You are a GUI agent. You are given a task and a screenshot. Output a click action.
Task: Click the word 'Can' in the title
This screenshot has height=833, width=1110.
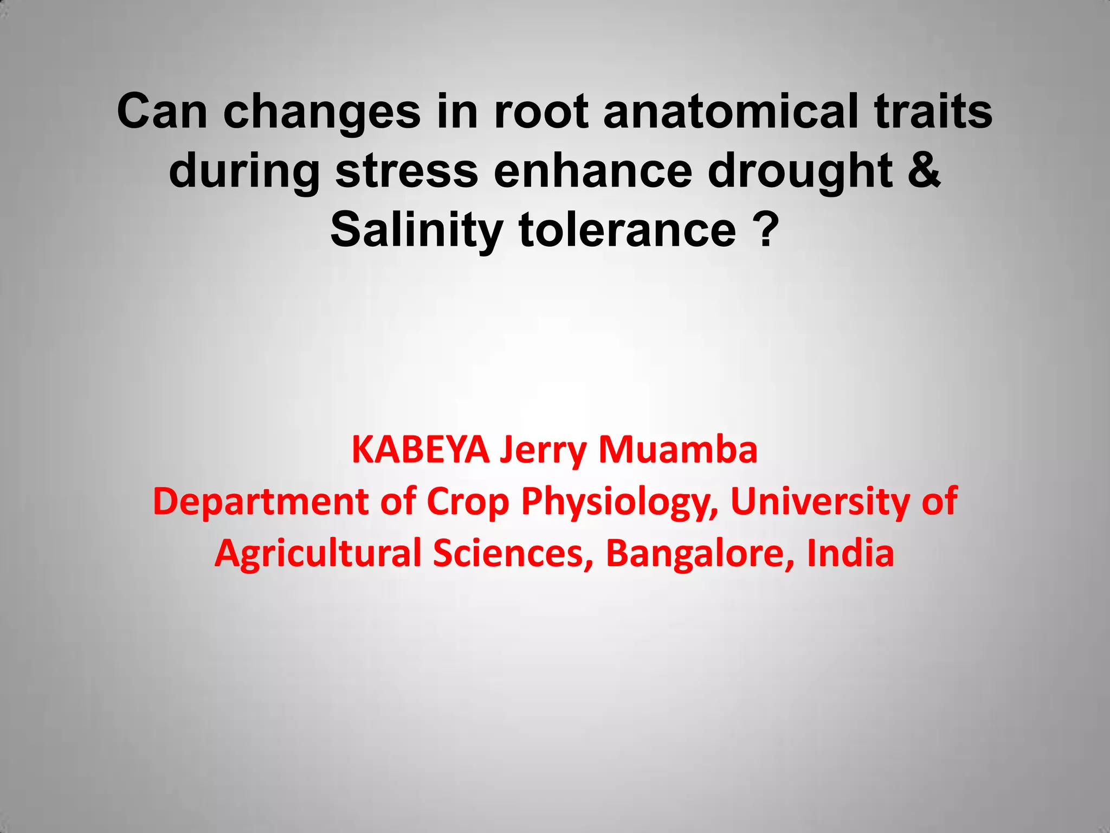point(162,111)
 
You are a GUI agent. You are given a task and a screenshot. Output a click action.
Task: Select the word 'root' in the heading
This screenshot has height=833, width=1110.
point(540,111)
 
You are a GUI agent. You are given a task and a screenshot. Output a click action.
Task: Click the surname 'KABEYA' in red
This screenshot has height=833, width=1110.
point(420,450)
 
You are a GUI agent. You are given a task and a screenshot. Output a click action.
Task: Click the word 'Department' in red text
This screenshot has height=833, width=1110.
point(261,502)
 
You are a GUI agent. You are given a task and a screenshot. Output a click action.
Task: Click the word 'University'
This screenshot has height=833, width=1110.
point(820,502)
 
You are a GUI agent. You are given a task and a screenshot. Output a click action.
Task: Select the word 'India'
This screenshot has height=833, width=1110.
point(850,553)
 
